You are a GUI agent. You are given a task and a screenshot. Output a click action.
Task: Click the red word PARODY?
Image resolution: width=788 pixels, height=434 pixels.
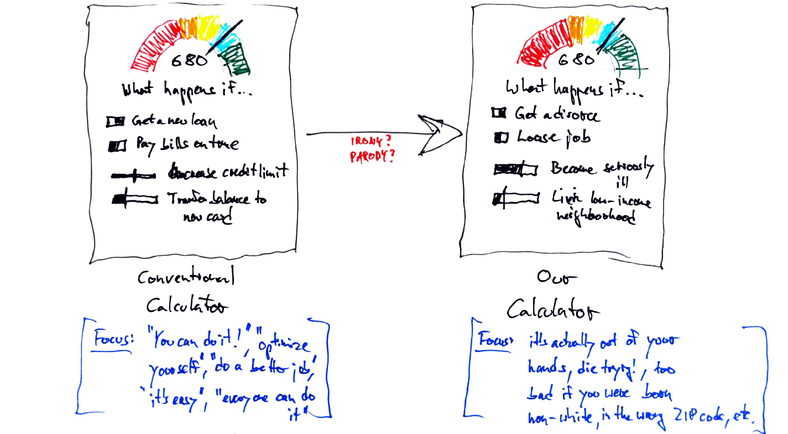coord(373,157)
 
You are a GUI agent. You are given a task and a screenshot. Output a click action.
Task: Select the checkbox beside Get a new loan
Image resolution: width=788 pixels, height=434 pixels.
coord(116,120)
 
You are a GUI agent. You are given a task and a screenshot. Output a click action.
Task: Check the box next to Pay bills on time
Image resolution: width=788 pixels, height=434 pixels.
coord(118,146)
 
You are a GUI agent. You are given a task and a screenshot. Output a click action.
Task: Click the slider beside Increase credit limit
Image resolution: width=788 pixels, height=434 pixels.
coord(133,175)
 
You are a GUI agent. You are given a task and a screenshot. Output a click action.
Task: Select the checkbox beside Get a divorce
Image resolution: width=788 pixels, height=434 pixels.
coord(498,113)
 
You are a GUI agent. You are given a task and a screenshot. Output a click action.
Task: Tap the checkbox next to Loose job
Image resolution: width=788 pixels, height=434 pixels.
coord(500,138)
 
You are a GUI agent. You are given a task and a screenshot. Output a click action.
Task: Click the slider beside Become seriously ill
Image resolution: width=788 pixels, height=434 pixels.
coord(514,169)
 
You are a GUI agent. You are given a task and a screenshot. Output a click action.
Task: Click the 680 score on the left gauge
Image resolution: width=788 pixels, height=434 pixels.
coord(189,60)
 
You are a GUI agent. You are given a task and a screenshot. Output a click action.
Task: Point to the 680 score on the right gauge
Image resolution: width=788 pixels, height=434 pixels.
coord(576,59)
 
